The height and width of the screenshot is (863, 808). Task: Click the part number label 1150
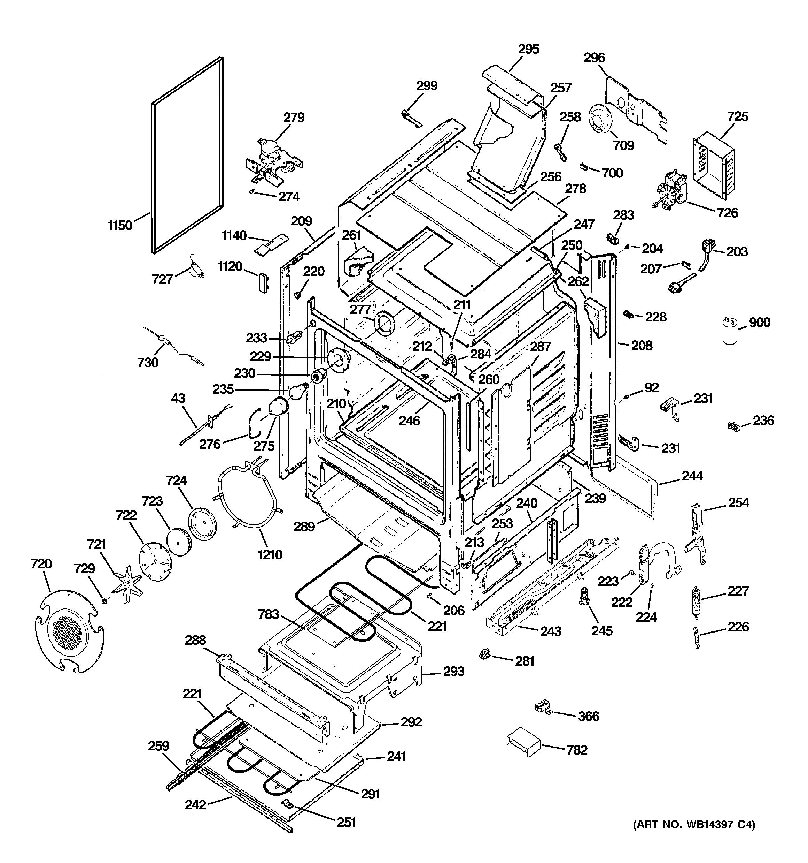click(120, 225)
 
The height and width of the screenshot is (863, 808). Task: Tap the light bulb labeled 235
click(296, 392)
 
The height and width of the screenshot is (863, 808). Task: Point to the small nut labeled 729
click(104, 601)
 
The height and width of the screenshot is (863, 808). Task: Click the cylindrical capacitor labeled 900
click(730, 332)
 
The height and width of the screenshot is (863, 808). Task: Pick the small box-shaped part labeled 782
click(523, 744)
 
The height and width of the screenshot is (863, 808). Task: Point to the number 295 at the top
click(528, 49)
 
